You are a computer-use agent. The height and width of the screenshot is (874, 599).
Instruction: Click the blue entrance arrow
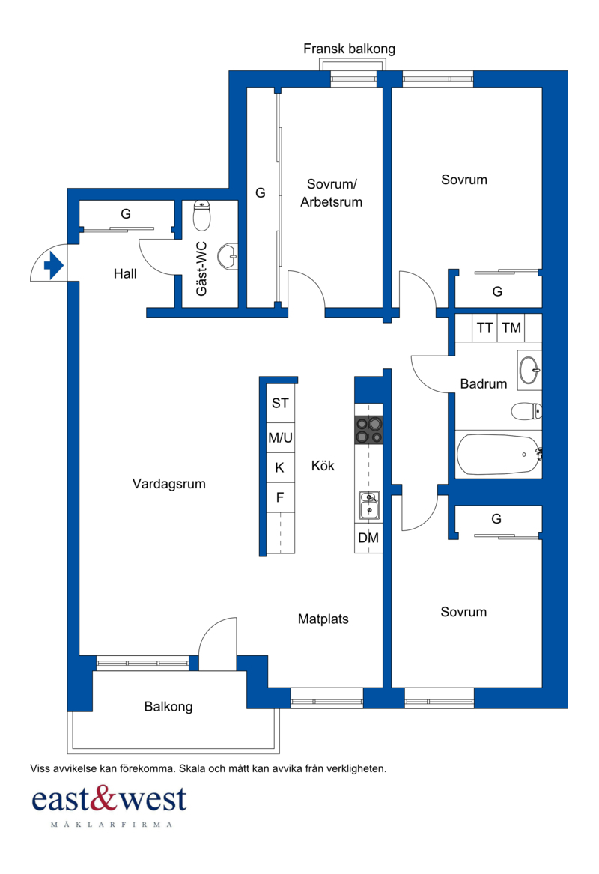click(x=53, y=265)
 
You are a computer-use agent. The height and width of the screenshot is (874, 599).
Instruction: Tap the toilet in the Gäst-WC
click(x=201, y=216)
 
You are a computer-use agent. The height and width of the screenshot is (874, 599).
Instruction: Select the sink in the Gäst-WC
click(x=228, y=256)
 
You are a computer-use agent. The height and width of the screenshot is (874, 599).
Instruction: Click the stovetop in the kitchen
click(x=369, y=430)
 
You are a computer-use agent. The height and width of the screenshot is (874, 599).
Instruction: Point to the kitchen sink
click(x=369, y=505)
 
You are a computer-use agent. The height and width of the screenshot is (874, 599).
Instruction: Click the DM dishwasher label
click(x=368, y=538)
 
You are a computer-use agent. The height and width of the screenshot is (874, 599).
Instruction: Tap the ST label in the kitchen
click(x=280, y=403)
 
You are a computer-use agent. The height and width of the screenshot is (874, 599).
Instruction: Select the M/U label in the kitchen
click(x=280, y=437)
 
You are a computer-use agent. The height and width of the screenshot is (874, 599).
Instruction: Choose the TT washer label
click(x=484, y=328)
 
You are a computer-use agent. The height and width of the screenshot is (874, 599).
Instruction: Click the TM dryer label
click(x=511, y=328)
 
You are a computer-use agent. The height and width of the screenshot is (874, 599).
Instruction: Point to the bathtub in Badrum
click(x=498, y=455)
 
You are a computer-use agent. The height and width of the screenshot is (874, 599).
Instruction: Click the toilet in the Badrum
click(x=526, y=411)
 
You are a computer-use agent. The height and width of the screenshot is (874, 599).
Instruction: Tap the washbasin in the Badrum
click(x=529, y=369)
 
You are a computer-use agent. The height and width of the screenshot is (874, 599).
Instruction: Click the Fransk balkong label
click(x=350, y=49)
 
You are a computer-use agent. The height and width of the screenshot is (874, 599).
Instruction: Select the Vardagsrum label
click(x=168, y=484)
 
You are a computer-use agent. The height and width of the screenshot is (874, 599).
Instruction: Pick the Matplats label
click(x=323, y=619)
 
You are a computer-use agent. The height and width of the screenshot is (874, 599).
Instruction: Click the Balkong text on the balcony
click(x=168, y=707)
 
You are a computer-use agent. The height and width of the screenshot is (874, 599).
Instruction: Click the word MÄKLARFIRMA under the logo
click(x=112, y=825)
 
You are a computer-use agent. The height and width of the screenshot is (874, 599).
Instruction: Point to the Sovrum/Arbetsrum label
click(x=332, y=193)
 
